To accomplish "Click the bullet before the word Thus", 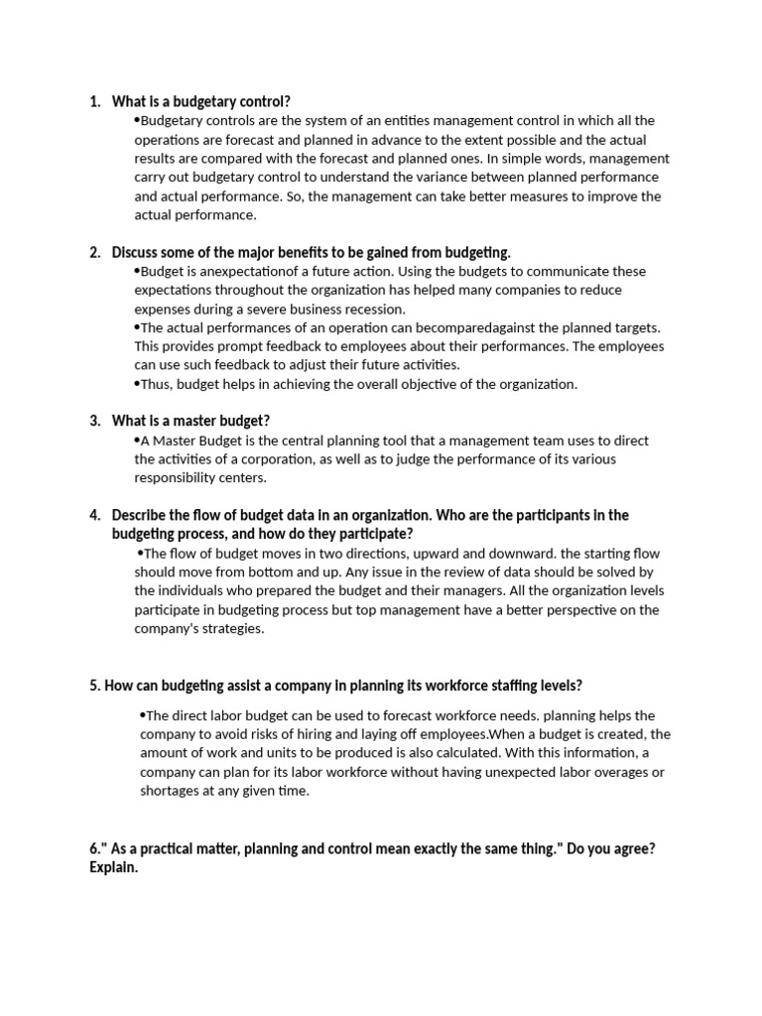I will click(137, 383).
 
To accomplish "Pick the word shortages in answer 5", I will click(171, 791).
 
